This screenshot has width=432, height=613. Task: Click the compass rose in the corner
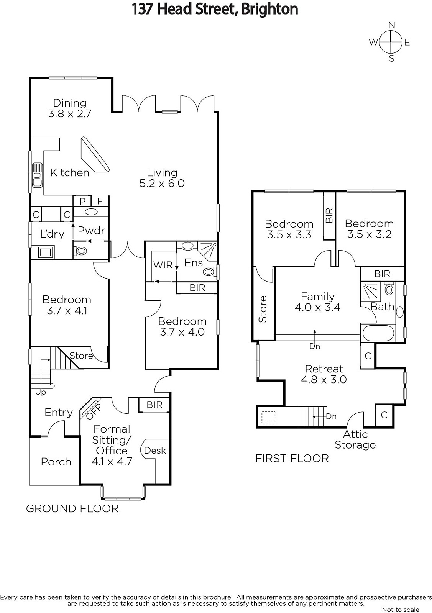click(x=391, y=42)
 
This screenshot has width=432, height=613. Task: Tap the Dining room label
click(x=70, y=108)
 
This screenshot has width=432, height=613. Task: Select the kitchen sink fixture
click(x=37, y=175)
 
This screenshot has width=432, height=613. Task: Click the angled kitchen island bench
click(x=95, y=154)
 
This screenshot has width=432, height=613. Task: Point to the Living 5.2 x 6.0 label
click(x=162, y=178)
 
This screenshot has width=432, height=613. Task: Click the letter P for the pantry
click(x=82, y=201)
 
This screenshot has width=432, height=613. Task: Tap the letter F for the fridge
click(x=100, y=201)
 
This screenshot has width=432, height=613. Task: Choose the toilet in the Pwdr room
click(x=81, y=251)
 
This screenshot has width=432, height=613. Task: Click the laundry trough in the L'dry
click(x=46, y=252)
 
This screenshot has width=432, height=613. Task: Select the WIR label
click(x=163, y=265)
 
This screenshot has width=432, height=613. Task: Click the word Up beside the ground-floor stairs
click(x=41, y=392)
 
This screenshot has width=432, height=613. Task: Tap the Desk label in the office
click(x=155, y=451)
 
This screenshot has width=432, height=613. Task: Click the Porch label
click(x=56, y=462)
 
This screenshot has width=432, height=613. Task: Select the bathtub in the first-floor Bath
click(x=378, y=333)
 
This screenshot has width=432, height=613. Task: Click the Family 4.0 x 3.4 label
click(x=317, y=302)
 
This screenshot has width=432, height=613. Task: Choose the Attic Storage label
click(x=355, y=439)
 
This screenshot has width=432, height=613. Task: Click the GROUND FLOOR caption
click(x=72, y=508)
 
